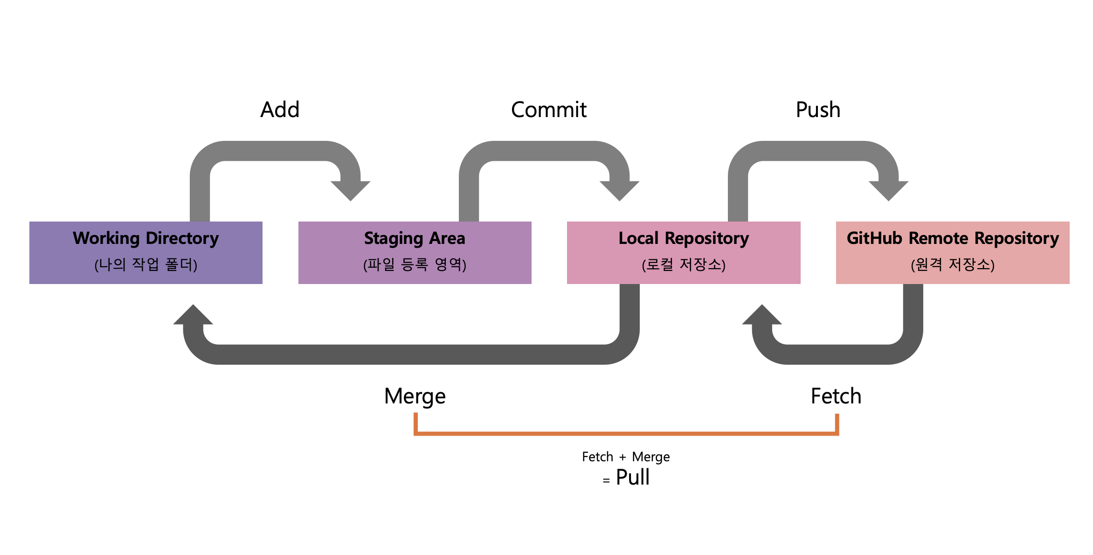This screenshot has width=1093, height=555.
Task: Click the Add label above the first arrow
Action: point(280,110)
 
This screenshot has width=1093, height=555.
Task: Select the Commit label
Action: point(548,110)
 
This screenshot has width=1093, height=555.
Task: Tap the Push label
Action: point(818,110)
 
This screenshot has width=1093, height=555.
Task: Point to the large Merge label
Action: point(415,396)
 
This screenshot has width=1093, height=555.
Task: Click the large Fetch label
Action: point(836,396)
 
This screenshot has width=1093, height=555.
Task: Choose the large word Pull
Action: point(632,477)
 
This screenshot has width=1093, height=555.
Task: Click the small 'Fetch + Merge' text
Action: point(625,457)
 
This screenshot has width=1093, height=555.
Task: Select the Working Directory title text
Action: point(145,238)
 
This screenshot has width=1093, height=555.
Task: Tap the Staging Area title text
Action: point(415,238)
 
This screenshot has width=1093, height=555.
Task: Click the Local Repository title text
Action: point(683,238)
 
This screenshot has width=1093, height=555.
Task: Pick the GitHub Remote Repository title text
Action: point(952,238)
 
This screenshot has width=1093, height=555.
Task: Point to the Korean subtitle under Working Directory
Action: point(145,264)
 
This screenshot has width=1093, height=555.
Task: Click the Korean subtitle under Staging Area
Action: point(415,264)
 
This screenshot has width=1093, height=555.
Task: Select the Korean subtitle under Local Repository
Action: point(683,264)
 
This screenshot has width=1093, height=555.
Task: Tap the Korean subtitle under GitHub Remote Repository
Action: point(952,264)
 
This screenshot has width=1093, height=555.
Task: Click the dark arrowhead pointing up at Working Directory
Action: point(193,316)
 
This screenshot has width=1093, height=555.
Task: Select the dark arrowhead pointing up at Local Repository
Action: point(762,316)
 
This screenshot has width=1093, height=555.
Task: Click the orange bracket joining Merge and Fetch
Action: point(626,433)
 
